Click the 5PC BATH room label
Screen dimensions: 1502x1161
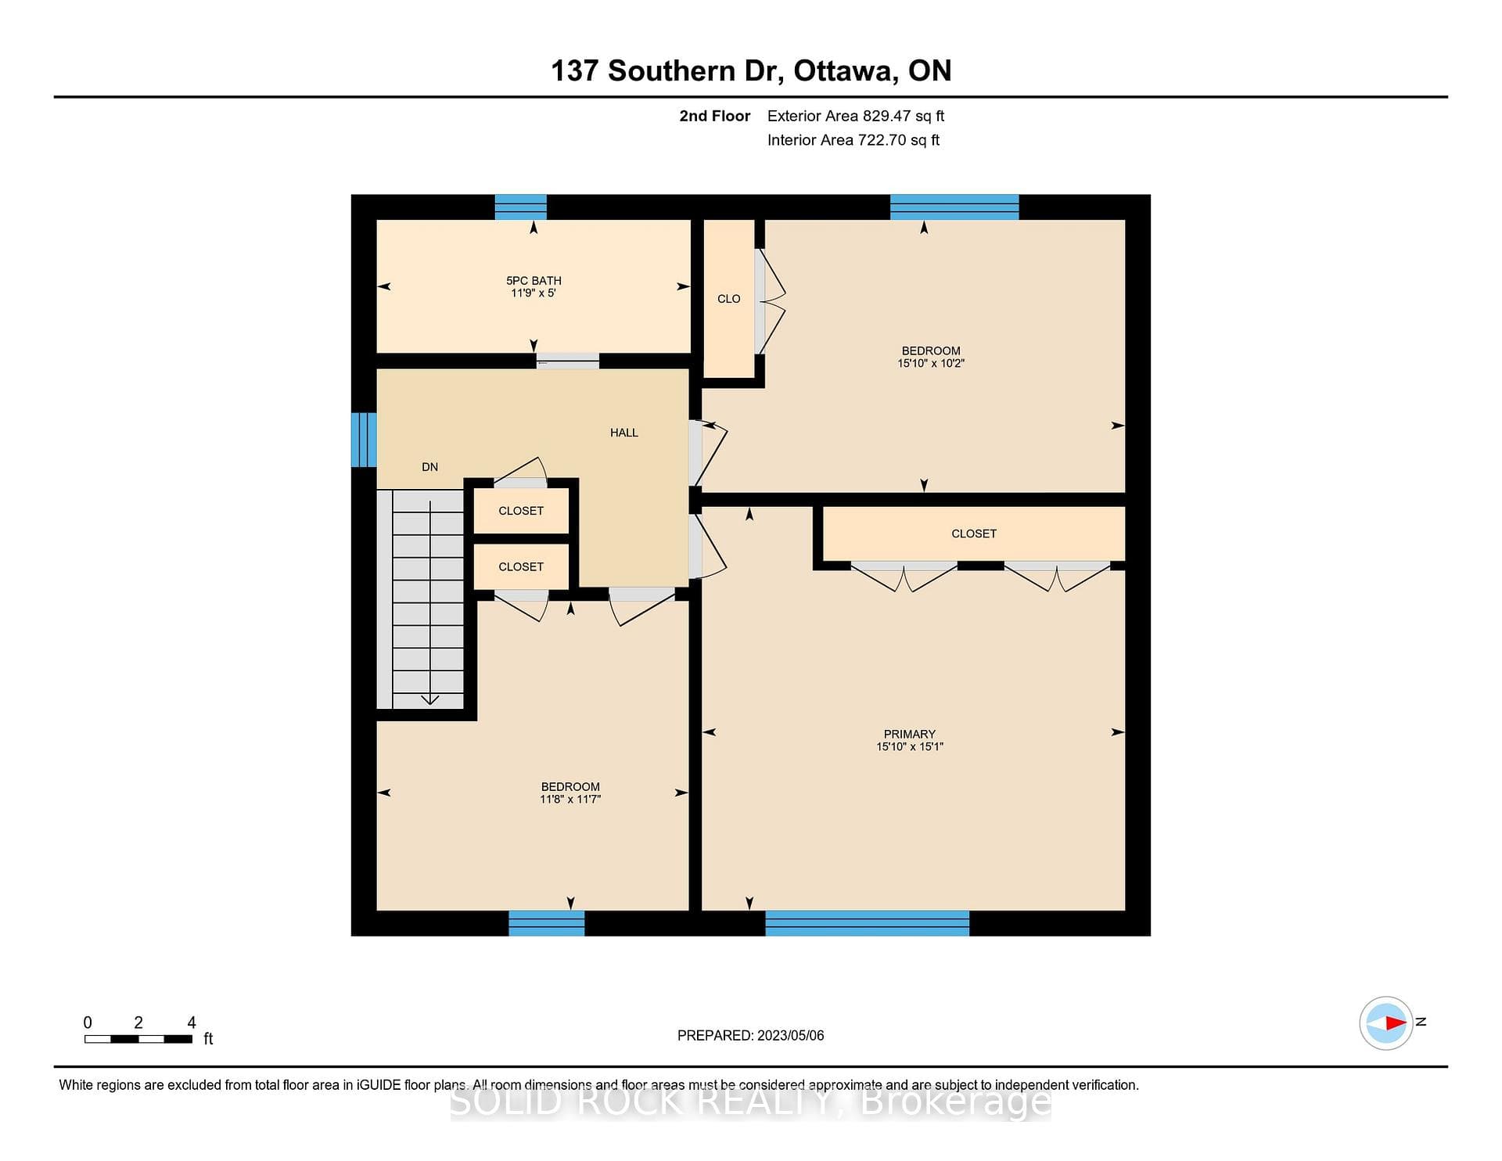[x=534, y=281]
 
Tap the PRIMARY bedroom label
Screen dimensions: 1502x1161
[x=909, y=734]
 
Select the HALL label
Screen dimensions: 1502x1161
[x=624, y=433]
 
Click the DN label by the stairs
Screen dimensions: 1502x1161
[x=429, y=467]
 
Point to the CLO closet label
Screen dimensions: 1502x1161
[x=728, y=299]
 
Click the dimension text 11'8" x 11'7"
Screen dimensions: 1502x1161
[x=570, y=800]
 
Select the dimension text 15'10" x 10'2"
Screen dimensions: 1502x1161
[x=931, y=364]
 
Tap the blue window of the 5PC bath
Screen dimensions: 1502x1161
[x=521, y=207]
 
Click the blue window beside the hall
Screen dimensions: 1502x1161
[x=364, y=440]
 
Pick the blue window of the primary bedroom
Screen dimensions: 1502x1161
[x=867, y=923]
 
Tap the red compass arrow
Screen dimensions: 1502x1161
[x=1396, y=1023]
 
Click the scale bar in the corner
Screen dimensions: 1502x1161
[x=138, y=1039]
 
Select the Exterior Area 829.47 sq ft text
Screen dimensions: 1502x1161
[x=856, y=116]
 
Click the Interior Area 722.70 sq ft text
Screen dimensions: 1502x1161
[x=853, y=140]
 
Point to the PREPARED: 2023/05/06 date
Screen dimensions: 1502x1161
[x=750, y=1036]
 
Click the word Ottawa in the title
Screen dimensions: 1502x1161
[x=846, y=71]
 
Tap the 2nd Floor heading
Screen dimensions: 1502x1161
[x=714, y=116]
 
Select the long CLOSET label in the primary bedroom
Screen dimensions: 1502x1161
[x=974, y=534]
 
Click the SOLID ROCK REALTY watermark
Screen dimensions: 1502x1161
[x=751, y=1102]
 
